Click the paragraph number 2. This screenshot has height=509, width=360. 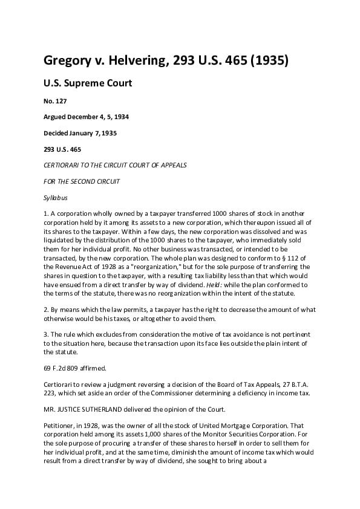click(46, 310)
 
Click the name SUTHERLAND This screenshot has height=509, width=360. click(103, 409)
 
